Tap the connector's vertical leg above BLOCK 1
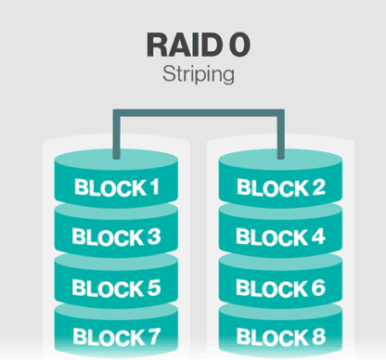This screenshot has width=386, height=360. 115,135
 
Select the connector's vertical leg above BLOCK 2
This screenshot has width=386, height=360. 278,135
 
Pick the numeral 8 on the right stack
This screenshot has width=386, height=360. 316,336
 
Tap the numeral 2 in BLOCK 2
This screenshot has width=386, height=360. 316,189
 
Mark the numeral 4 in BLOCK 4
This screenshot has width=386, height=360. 316,238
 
